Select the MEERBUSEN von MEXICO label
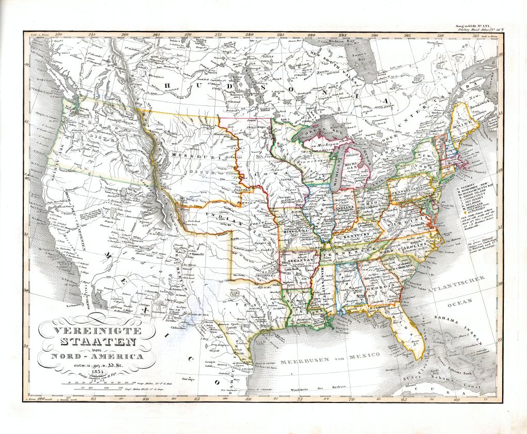pyautogui.click(x=330, y=355)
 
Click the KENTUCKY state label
pyautogui.click(x=353, y=235)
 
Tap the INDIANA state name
pyautogui.click(x=345, y=208)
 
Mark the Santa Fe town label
pyautogui.click(x=199, y=254)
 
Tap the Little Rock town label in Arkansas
pyautogui.click(x=292, y=269)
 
